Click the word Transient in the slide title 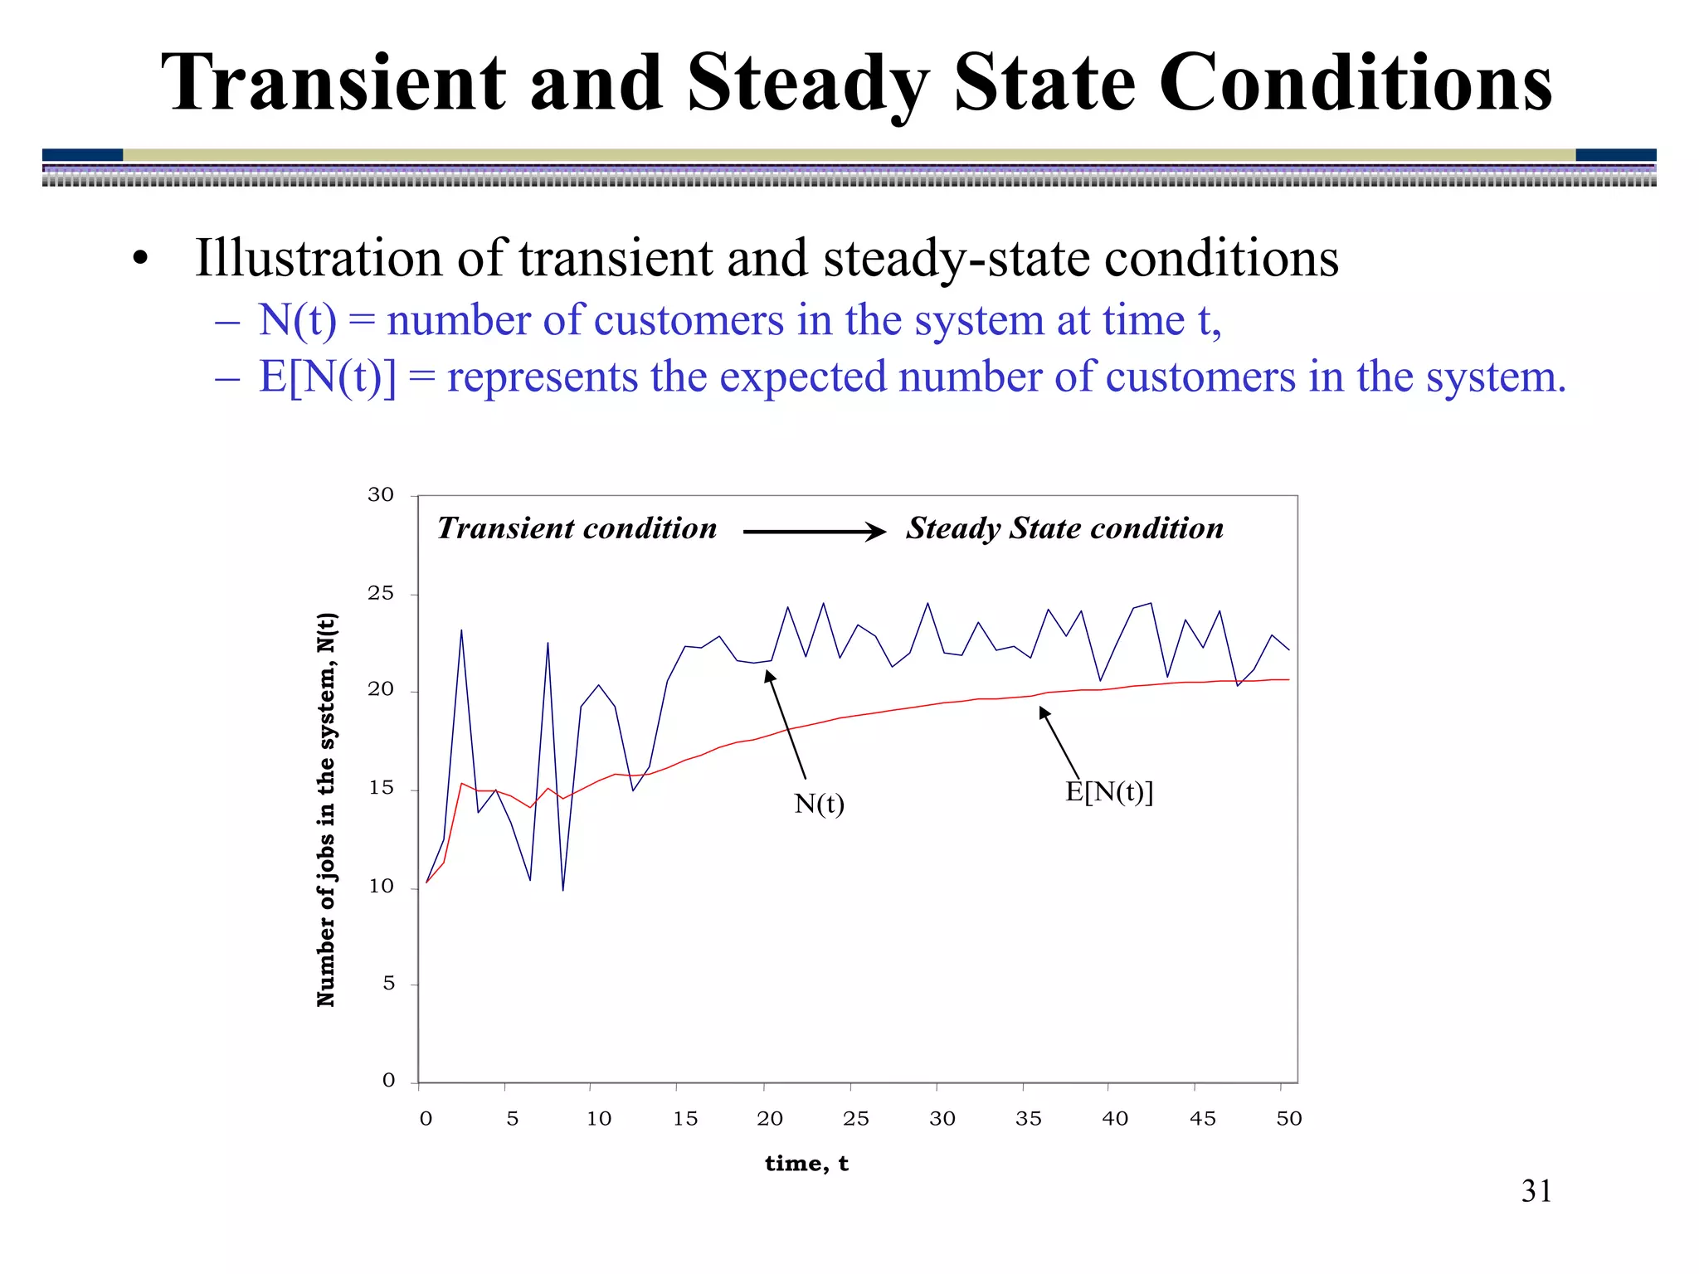[x=332, y=83]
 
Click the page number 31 [x=1536, y=1191]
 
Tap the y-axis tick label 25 [x=381, y=593]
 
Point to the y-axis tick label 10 [x=381, y=887]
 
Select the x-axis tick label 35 [x=1028, y=1119]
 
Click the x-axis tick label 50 [x=1288, y=1119]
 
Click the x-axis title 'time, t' [x=806, y=1164]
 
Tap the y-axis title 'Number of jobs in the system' [x=326, y=810]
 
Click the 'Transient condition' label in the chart [x=577, y=528]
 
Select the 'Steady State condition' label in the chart [x=1064, y=528]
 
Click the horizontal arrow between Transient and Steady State [x=814, y=532]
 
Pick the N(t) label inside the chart [x=819, y=804]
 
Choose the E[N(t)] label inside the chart [x=1109, y=792]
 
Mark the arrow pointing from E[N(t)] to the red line [x=1059, y=743]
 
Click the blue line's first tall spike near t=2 [x=461, y=632]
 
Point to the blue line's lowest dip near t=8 [x=563, y=888]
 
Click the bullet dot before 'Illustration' [x=140, y=260]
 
